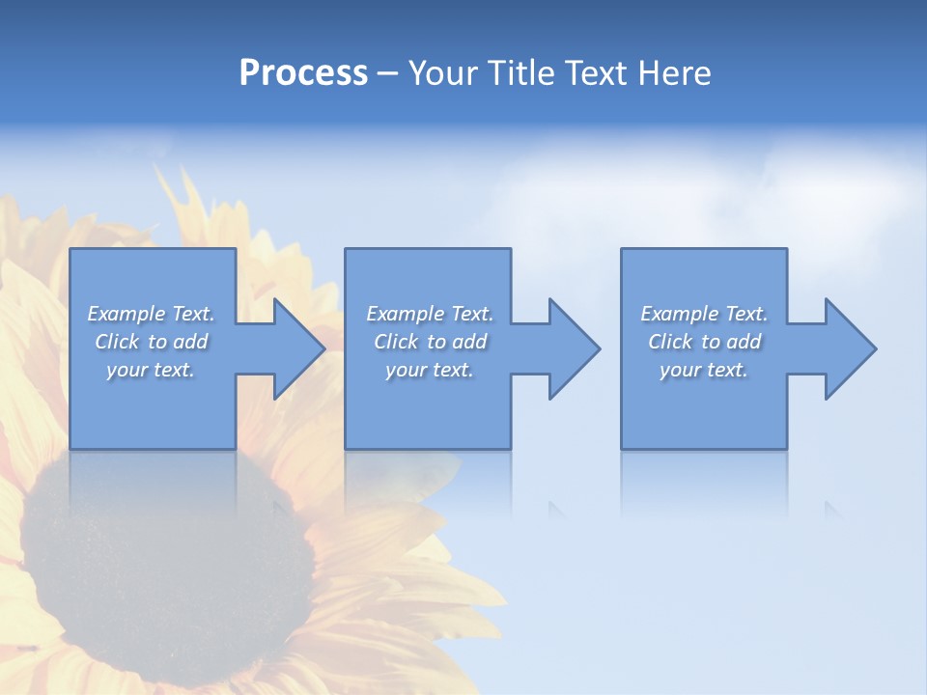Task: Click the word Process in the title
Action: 303,73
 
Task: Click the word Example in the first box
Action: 126,314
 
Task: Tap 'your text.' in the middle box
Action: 429,370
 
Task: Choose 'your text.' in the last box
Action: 703,370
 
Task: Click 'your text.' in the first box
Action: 150,370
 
